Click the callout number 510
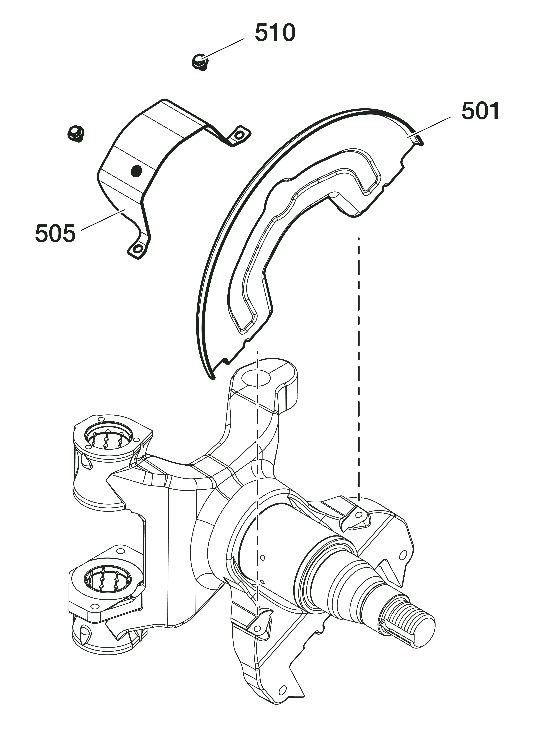coord(275,33)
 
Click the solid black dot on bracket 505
coord(136,170)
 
